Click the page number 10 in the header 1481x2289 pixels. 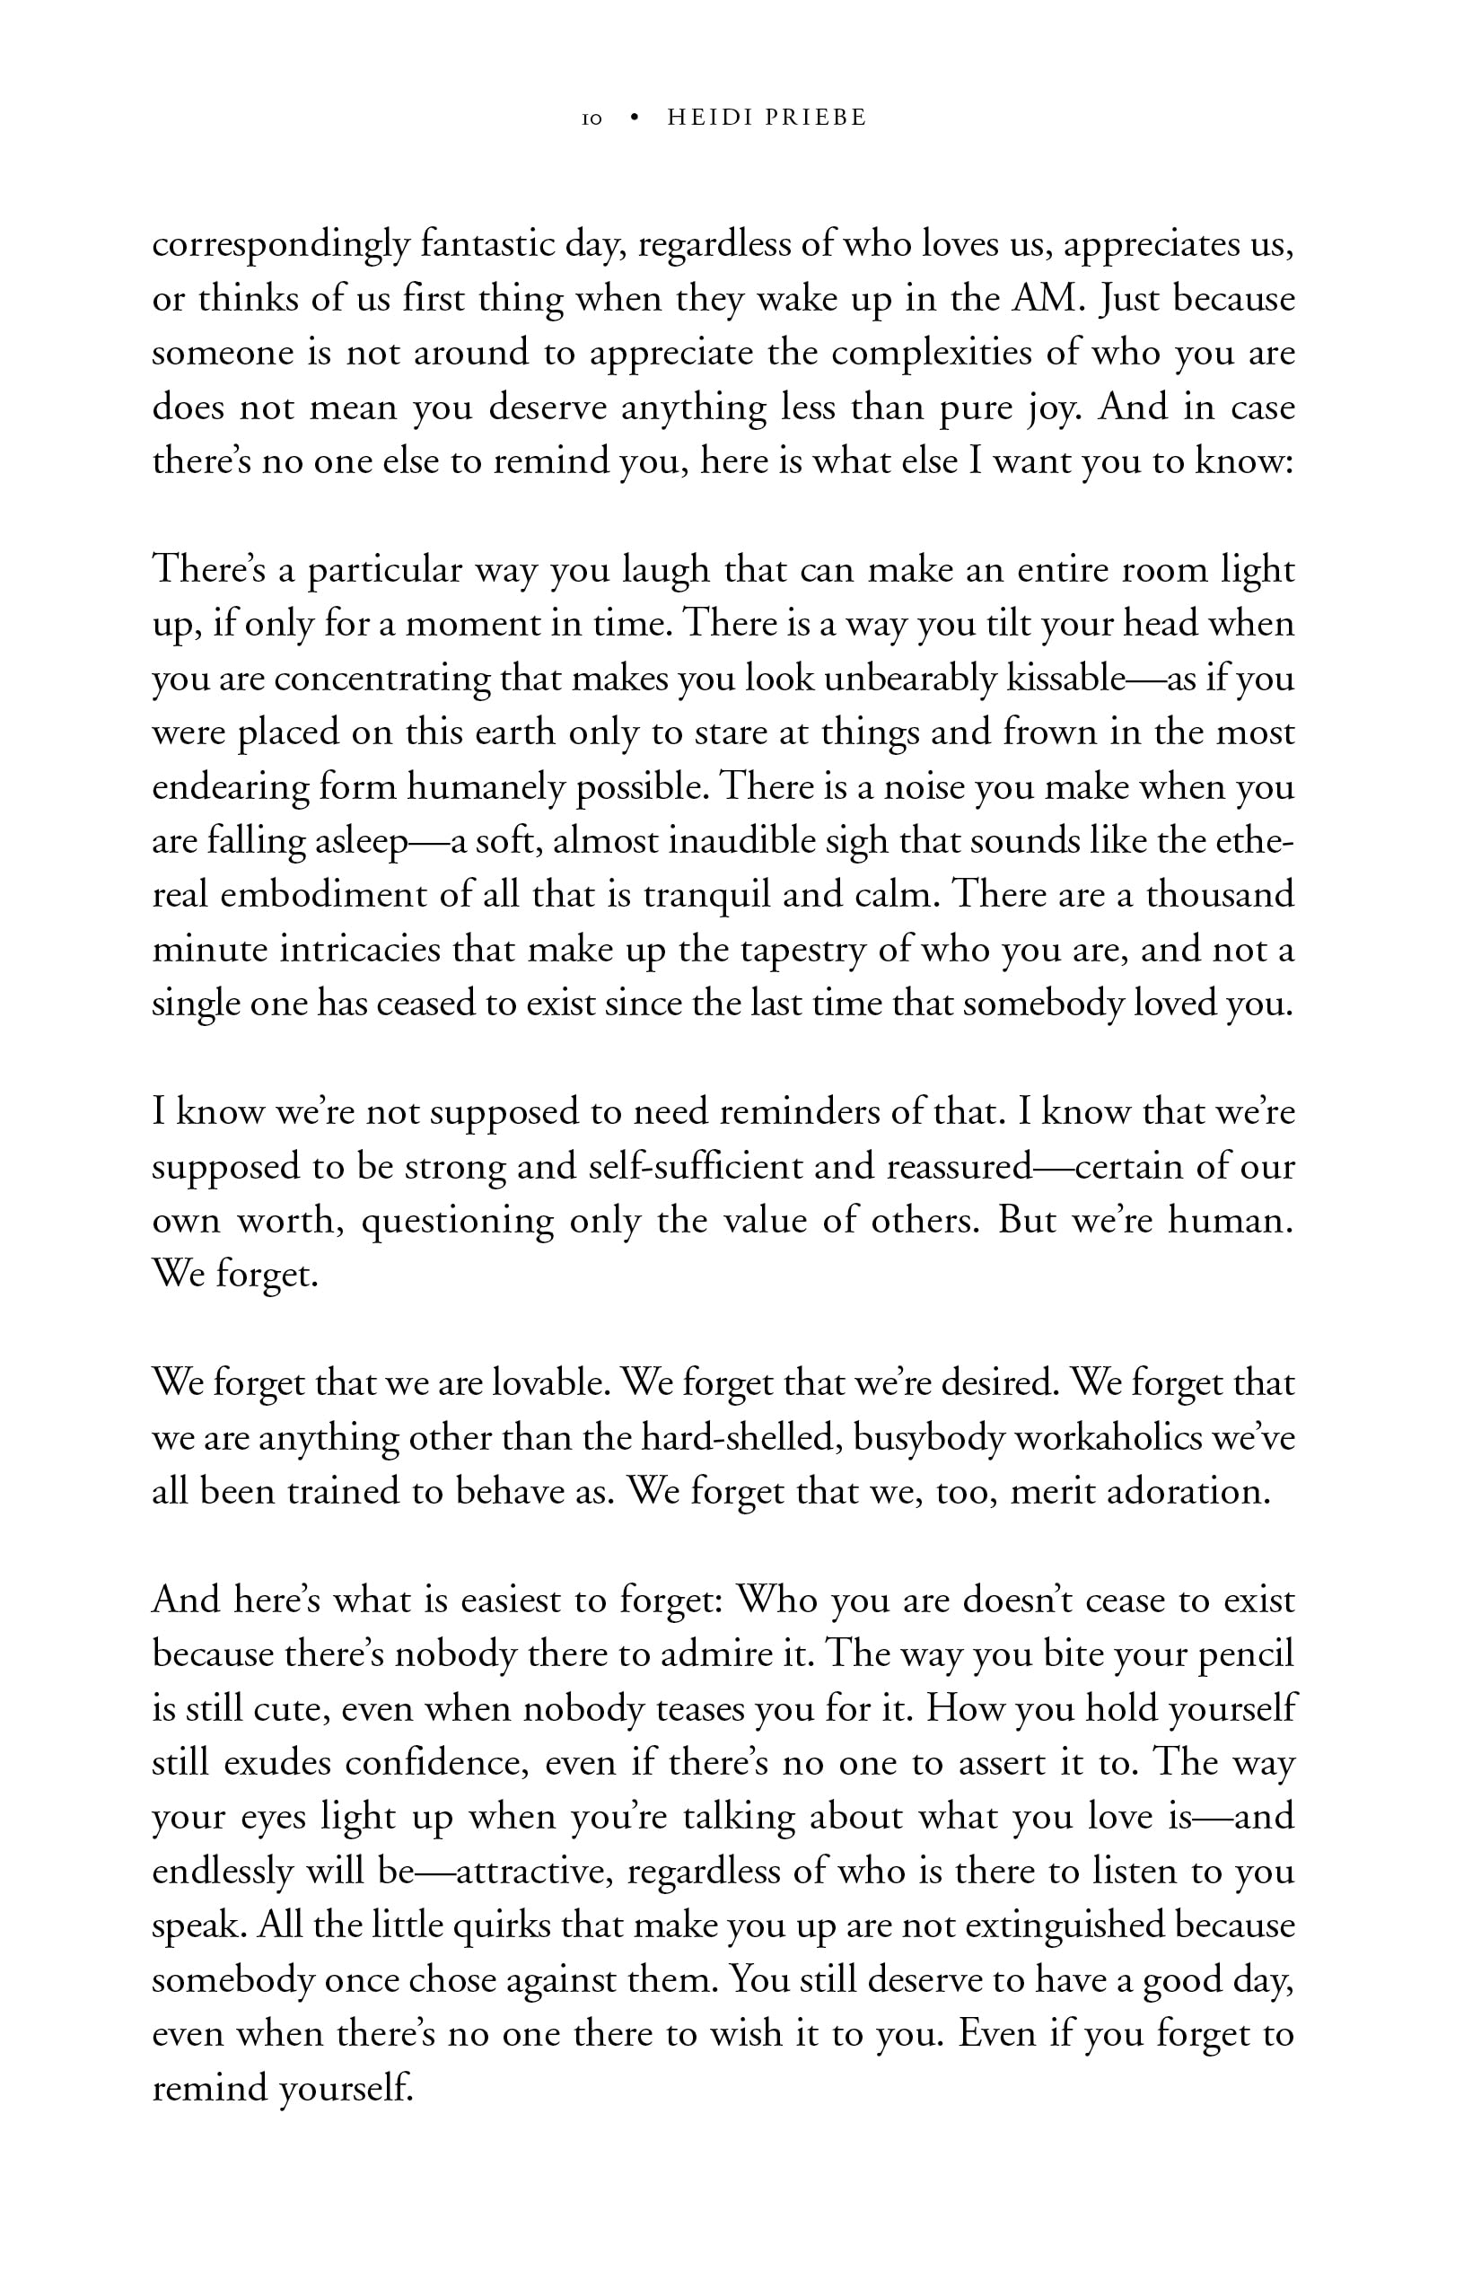(x=592, y=119)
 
